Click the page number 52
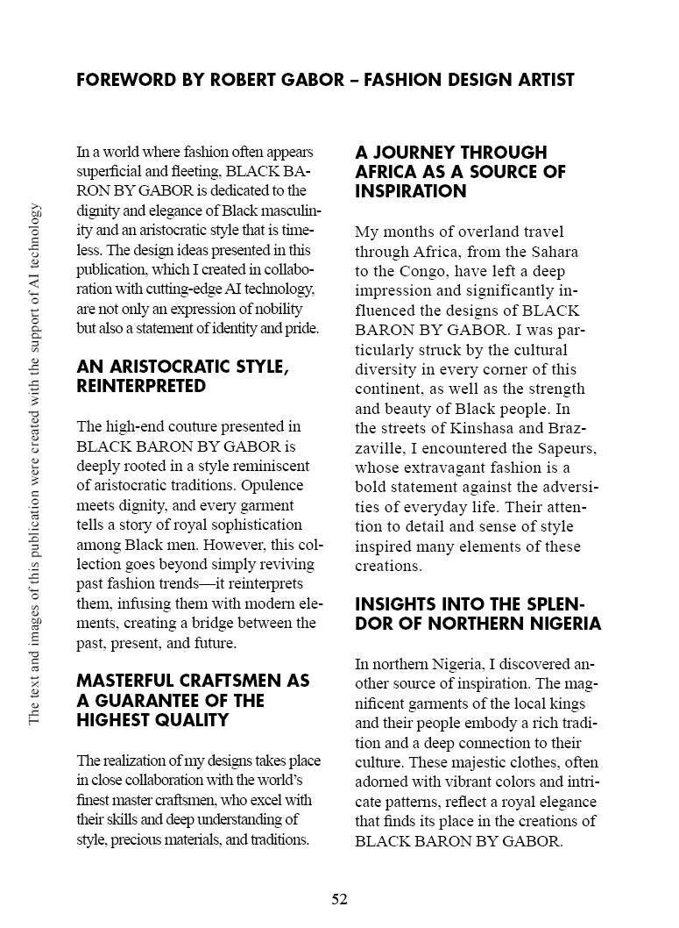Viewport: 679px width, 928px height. click(x=339, y=899)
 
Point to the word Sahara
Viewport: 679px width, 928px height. click(x=555, y=252)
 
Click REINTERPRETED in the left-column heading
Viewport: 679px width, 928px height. click(x=141, y=386)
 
